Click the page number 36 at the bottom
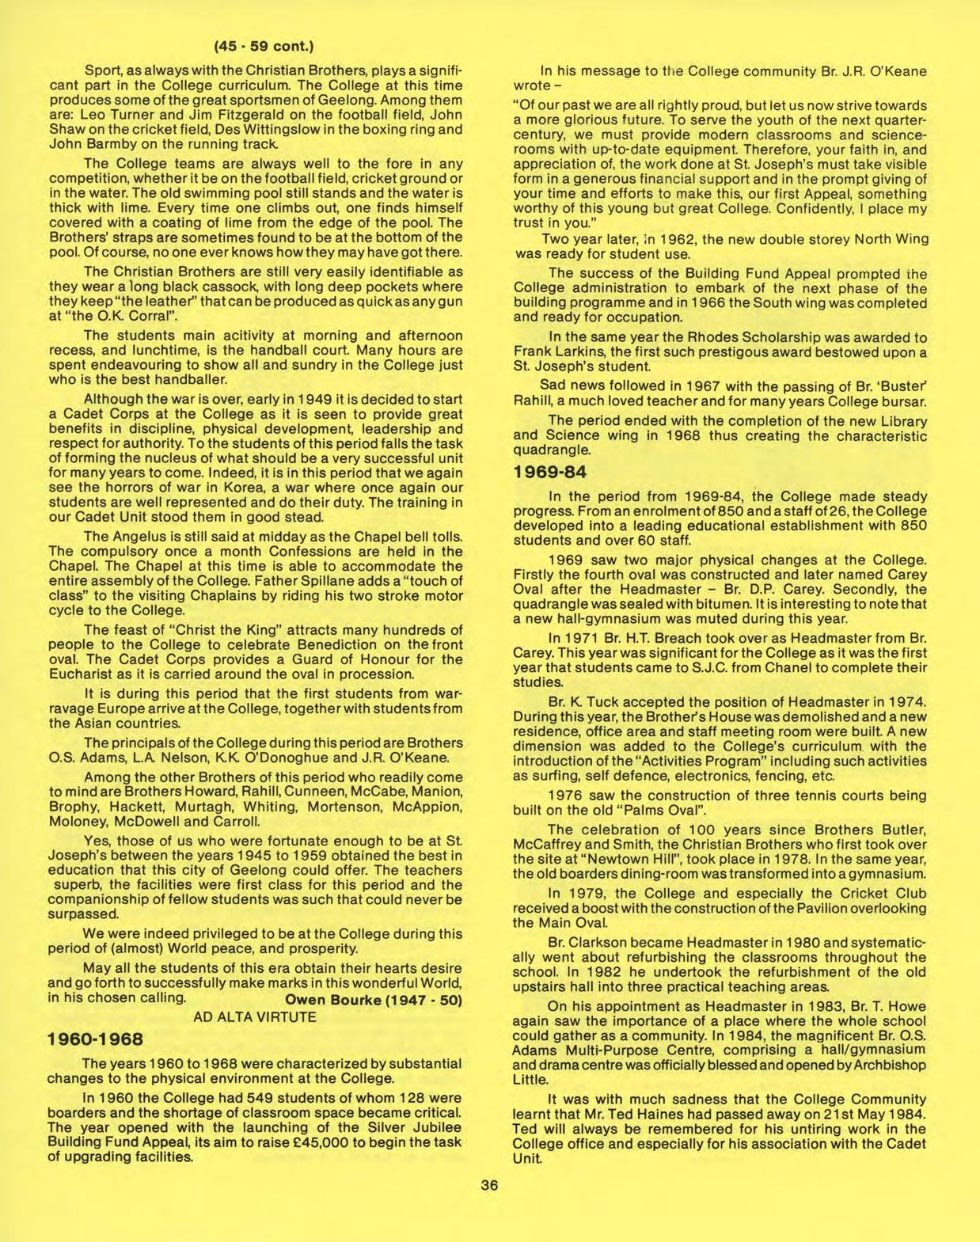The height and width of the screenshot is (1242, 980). (x=489, y=1185)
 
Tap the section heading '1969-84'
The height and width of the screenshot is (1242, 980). (x=550, y=473)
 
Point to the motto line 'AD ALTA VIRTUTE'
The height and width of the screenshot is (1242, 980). (x=255, y=1017)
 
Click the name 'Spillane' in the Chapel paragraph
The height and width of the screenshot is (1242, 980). (x=305, y=581)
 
